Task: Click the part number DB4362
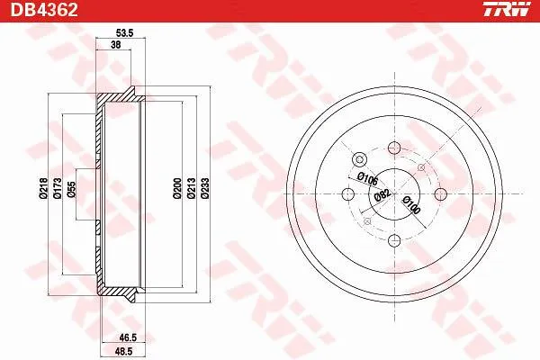(44, 9)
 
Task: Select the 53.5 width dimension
(124, 33)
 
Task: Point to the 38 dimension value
(116, 44)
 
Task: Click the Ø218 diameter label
(43, 188)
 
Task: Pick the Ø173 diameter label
(58, 188)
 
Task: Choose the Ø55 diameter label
(71, 189)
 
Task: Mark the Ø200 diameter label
(177, 188)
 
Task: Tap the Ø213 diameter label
(191, 188)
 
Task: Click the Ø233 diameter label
(205, 188)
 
